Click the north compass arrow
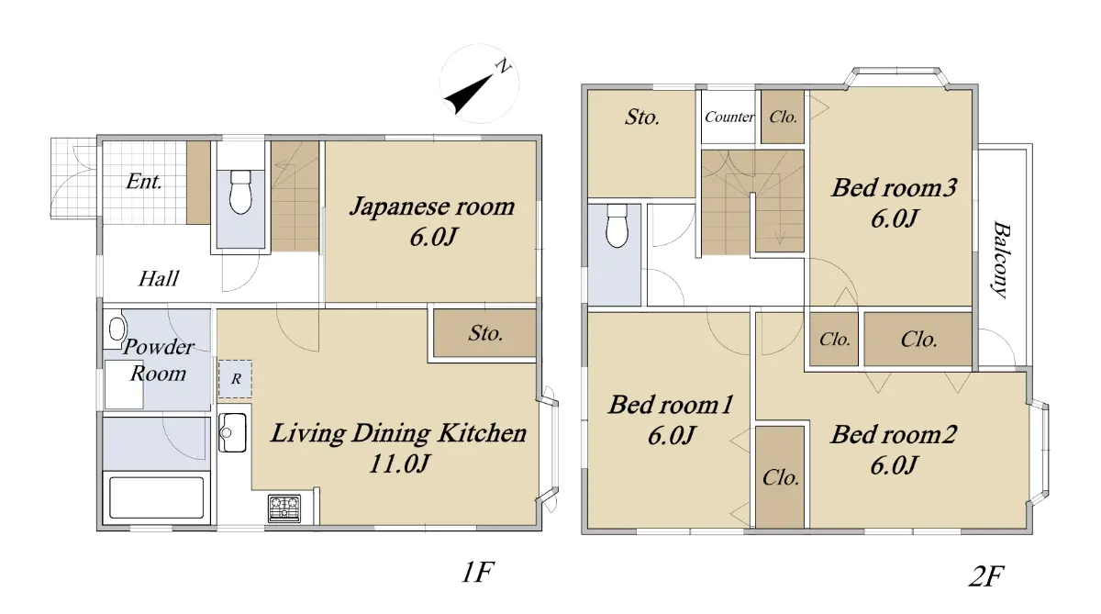(x=468, y=94)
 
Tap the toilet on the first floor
(x=240, y=192)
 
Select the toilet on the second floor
(x=617, y=226)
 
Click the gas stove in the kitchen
(x=284, y=508)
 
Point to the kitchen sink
(x=232, y=432)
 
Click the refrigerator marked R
(x=236, y=378)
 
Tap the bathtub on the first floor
(x=156, y=497)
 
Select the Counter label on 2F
(x=728, y=117)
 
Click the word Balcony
(x=1001, y=260)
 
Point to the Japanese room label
(x=432, y=207)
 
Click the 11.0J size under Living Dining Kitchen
(x=399, y=463)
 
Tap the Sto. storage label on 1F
(x=485, y=333)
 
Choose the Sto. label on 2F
(x=642, y=117)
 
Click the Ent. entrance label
(x=143, y=182)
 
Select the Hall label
(x=159, y=279)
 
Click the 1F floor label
(x=477, y=572)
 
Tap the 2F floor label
(x=986, y=576)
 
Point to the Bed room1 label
(x=671, y=405)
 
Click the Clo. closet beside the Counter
(x=783, y=117)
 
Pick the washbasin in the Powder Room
(x=117, y=329)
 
